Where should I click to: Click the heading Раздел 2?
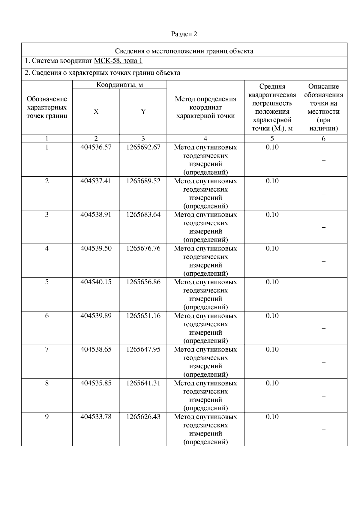[184, 34]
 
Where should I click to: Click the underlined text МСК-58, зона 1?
[118, 61]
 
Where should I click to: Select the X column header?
[96, 112]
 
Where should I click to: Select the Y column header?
[143, 112]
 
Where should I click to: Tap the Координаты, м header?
[119, 85]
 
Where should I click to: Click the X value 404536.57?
[96, 147]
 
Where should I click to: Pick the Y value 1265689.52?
[143, 181]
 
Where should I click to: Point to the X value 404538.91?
[96, 215]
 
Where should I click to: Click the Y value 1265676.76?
[143, 248]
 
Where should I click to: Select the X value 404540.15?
[96, 282]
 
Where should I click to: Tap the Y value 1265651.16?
[143, 316]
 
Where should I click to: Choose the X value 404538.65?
[96, 349]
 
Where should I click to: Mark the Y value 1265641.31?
[143, 383]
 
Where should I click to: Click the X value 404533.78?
[96, 417]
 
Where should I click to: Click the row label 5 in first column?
[47, 282]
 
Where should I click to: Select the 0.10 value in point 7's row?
[272, 349]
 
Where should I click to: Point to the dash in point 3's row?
[323, 227]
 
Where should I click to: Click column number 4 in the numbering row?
[205, 139]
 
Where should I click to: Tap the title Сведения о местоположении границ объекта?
[184, 51]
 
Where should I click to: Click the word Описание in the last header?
[323, 87]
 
